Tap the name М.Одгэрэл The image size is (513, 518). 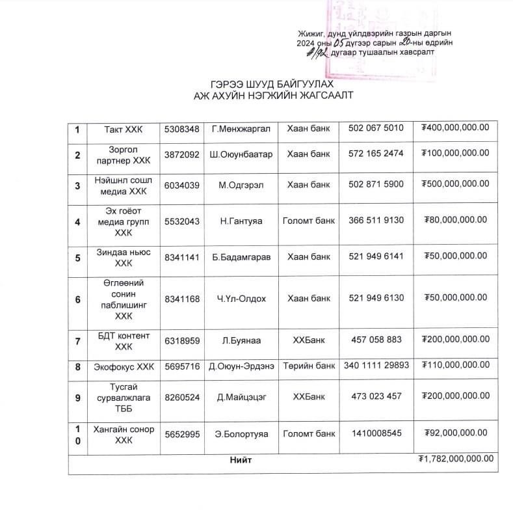point(243,185)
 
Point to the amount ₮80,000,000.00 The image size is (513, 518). point(455,220)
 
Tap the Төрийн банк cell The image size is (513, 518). point(309,366)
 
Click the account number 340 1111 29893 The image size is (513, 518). point(376,366)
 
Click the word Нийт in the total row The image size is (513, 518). point(241,460)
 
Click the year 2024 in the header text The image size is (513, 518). point(306,43)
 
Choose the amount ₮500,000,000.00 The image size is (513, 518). point(455,185)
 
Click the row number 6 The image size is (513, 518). point(77,299)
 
